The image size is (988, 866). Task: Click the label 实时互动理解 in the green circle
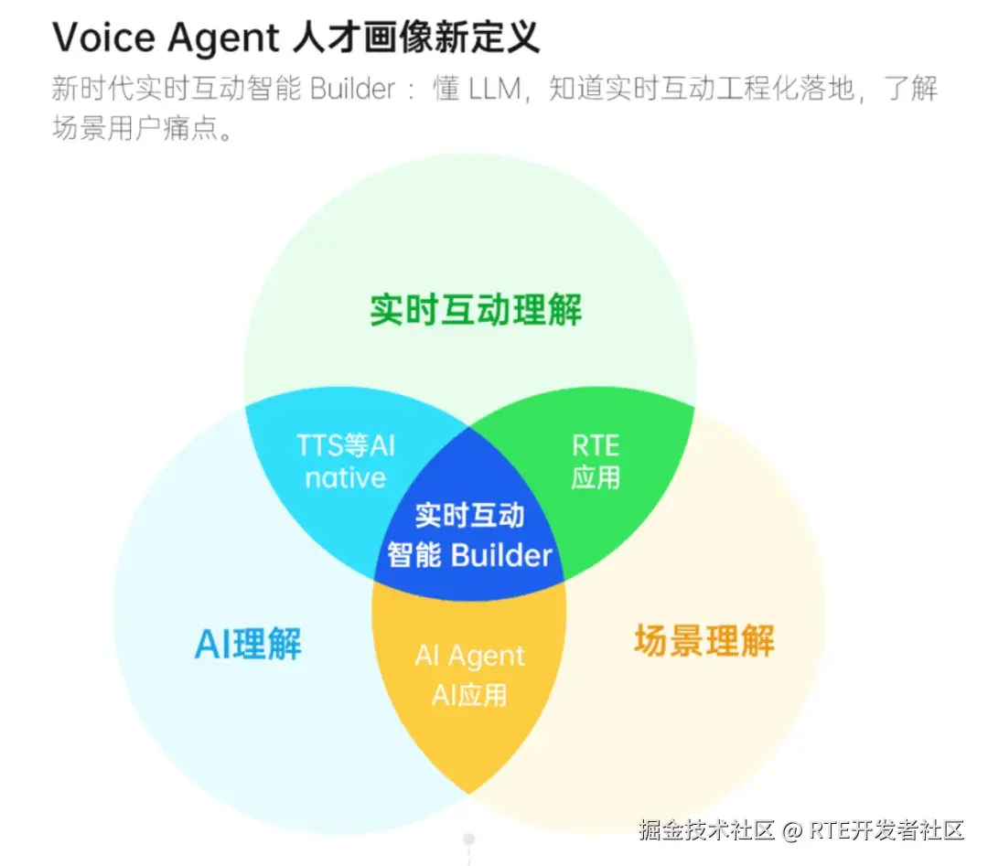coord(476,310)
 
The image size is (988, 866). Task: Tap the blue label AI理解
coord(248,644)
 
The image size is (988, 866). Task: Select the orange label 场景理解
coord(703,641)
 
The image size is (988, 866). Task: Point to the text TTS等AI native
coord(346,461)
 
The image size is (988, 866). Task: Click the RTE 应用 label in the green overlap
coord(596,461)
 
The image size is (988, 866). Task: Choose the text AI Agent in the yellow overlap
coord(469,656)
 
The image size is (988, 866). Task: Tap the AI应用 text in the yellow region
coord(469,695)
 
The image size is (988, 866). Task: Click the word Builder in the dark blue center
coord(501,555)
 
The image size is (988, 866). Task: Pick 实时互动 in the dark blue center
coord(469,515)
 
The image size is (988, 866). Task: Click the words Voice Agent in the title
coord(165,38)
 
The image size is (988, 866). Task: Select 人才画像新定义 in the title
coord(417,38)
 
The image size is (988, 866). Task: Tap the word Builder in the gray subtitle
coord(352,90)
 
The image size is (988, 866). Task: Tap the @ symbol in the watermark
coord(792,830)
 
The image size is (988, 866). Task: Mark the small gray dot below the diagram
coord(468,839)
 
